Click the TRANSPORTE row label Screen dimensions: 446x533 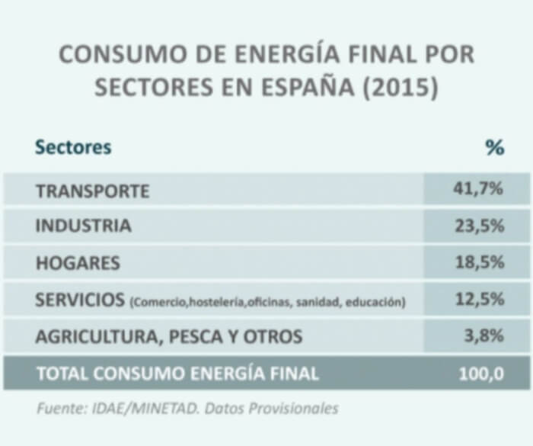click(x=92, y=191)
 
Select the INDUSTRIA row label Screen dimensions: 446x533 click(x=83, y=226)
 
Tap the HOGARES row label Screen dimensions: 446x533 click(x=78, y=263)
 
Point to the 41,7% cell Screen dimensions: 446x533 click(x=480, y=189)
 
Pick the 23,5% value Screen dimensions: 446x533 click(x=480, y=226)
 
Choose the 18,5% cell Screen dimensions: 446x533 click(x=480, y=262)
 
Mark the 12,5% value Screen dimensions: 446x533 click(x=480, y=299)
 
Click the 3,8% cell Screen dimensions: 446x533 click(x=486, y=335)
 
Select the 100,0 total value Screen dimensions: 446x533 click(x=481, y=374)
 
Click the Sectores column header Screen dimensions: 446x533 click(x=73, y=147)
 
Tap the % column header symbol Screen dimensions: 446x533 click(x=495, y=147)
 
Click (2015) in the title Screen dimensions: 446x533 click(x=401, y=87)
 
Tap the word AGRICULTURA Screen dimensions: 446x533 click(x=96, y=336)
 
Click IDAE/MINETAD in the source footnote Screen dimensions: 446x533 click(x=139, y=409)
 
